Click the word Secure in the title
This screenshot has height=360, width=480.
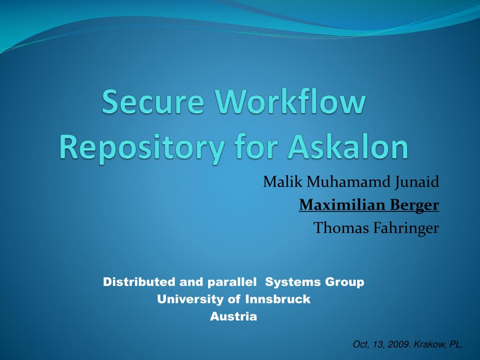pyautogui.click(x=153, y=101)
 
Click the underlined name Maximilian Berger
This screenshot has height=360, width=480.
pyautogui.click(x=369, y=205)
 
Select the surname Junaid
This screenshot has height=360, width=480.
pyautogui.click(x=417, y=182)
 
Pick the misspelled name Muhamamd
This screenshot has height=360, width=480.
pyautogui.click(x=348, y=181)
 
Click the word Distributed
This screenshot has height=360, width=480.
pyautogui.click(x=139, y=282)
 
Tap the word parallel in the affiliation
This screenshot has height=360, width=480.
pyautogui.click(x=232, y=282)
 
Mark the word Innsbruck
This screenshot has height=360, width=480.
pyautogui.click(x=278, y=299)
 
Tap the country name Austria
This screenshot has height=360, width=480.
pyautogui.click(x=233, y=316)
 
